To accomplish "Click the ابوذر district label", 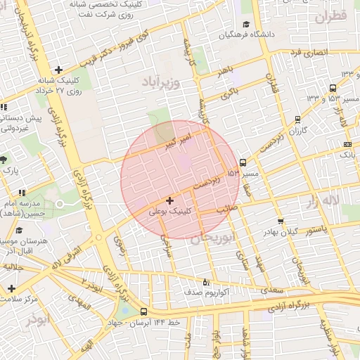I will pos(40,319).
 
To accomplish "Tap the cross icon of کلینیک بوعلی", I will pos(169,201).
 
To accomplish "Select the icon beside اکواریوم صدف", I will pos(206,281).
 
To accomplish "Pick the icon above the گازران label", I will pos(298,120).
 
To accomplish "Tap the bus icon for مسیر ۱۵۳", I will pos(243,162).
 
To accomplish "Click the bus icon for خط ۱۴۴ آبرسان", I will pos(144,312).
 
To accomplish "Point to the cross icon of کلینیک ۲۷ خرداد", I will pos(58,70).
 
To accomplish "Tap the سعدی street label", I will pos(271,289).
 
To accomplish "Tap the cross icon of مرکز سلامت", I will pos(11,288).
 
